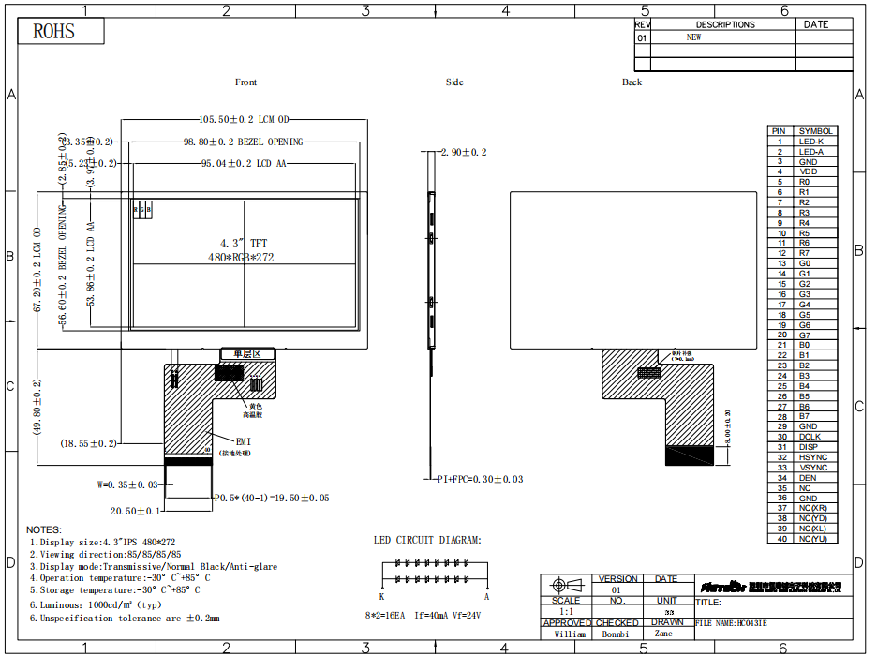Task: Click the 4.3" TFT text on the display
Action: [x=244, y=244]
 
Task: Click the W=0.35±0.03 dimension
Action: [x=128, y=485]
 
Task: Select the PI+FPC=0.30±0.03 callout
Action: [x=480, y=479]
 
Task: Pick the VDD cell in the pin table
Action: [x=808, y=171]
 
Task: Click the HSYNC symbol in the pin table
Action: [x=812, y=457]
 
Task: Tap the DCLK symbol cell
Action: [x=810, y=437]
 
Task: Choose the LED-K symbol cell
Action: [x=811, y=142]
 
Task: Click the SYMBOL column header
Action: [x=814, y=131]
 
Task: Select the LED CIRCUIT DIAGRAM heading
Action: [x=427, y=540]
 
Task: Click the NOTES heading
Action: [x=44, y=529]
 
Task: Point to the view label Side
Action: [x=454, y=82]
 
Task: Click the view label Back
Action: [x=632, y=82]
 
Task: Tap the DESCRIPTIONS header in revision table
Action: [x=724, y=25]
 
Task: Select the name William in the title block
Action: [x=569, y=634]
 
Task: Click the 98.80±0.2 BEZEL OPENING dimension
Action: [x=243, y=142]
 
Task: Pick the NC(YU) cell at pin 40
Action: [x=812, y=539]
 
